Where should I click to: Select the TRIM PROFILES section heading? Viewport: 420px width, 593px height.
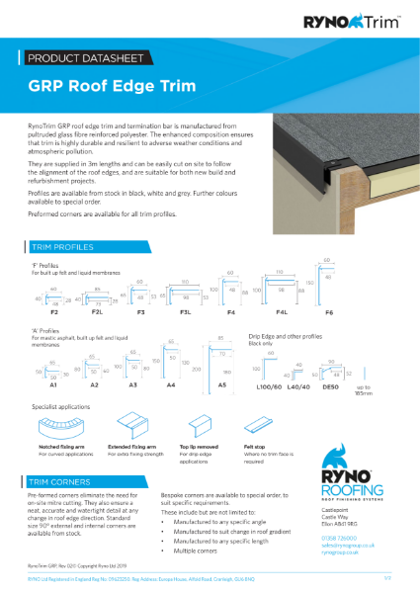click(66, 246)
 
